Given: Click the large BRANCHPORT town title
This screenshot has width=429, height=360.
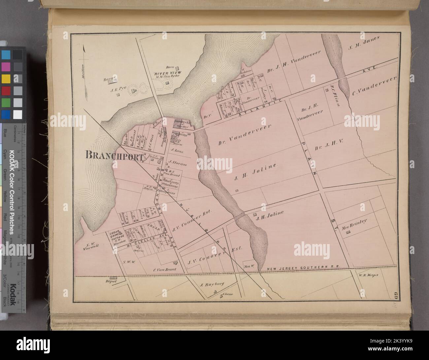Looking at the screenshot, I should pyautogui.click(x=114, y=155).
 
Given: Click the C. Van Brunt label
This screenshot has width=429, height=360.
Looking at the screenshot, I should pyautogui.click(x=164, y=270).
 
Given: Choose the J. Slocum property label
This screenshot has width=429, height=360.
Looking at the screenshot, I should pyautogui.click(x=177, y=163).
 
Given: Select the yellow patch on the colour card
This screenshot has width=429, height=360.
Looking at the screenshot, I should pyautogui.click(x=6, y=79).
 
